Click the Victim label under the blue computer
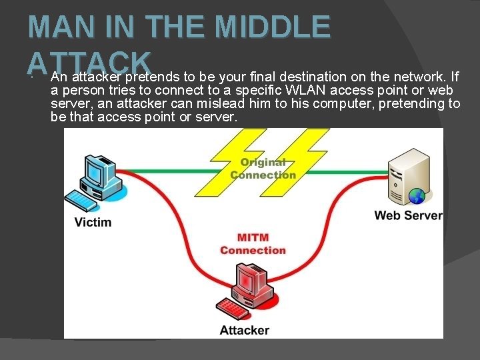pyautogui.click(x=93, y=222)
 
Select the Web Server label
pyautogui.click(x=408, y=215)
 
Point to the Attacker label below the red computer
pyautogui.click(x=245, y=330)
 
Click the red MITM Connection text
pyautogui.click(x=253, y=244)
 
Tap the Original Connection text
pyautogui.click(x=263, y=169)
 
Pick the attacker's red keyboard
pyautogui.click(x=234, y=309)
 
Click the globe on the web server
pyautogui.click(x=417, y=197)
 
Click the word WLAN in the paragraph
pyautogui.click(x=304, y=90)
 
